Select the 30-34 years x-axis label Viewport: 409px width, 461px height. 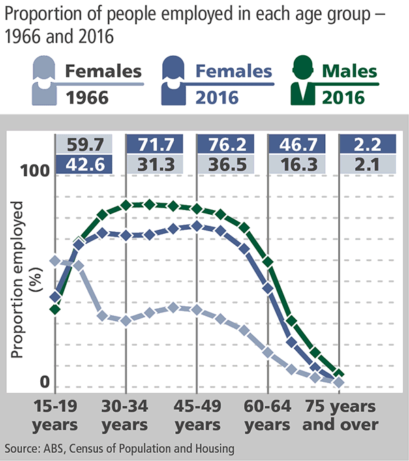pos(125,415)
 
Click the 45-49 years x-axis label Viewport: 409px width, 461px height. pos(196,415)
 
